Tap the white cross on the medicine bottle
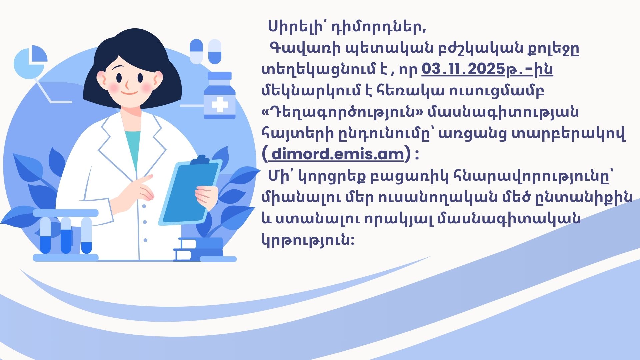click(220, 106)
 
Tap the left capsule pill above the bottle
click(196, 51)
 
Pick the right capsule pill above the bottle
click(215, 51)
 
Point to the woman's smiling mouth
click(129, 93)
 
